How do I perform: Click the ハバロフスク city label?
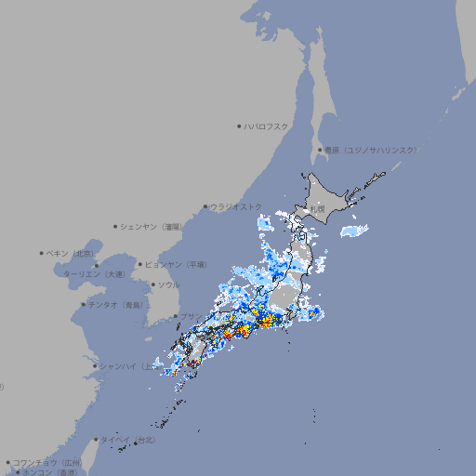[267, 126]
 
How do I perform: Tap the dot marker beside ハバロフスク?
[239, 126]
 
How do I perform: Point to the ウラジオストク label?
[236, 206]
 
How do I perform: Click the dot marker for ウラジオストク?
[205, 206]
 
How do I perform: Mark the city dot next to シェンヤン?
[116, 226]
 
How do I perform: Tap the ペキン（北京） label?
[72, 253]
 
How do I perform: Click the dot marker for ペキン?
[42, 253]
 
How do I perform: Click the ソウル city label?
[167, 284]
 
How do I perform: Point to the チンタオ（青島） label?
[116, 305]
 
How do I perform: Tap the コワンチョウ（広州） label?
[47, 462]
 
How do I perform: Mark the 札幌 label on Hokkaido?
[318, 209]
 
